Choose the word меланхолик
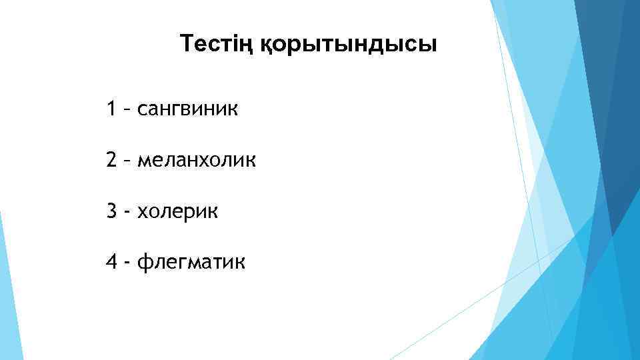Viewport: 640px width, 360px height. (x=196, y=161)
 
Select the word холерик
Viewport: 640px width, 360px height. (x=177, y=213)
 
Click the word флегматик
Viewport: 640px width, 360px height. (x=191, y=264)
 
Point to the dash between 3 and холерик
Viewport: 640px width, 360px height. (x=126, y=213)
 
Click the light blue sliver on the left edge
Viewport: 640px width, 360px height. (x=8, y=293)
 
